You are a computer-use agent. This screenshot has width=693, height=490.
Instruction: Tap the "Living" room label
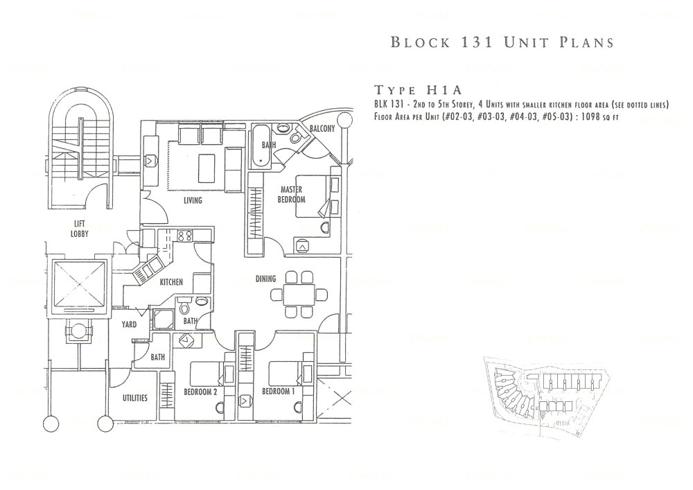click(x=193, y=201)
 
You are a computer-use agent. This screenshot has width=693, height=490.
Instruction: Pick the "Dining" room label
click(x=265, y=279)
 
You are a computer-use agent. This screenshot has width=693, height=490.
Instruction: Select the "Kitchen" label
click(x=171, y=282)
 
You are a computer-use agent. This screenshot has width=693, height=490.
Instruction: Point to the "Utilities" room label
click(x=134, y=398)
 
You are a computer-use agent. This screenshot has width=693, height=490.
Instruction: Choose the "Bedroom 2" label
click(x=201, y=392)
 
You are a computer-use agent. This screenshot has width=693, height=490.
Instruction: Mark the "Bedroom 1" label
click(x=279, y=392)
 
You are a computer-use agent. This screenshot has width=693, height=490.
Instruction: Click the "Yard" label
click(x=130, y=324)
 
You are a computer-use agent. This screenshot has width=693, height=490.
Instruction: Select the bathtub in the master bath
click(x=263, y=145)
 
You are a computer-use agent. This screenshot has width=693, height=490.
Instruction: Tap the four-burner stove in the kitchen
click(x=185, y=236)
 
